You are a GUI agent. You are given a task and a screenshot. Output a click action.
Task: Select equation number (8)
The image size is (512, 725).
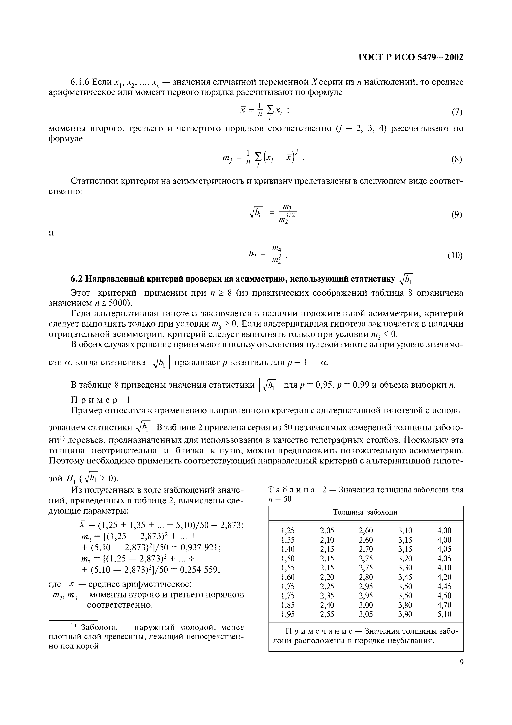[x=456, y=159]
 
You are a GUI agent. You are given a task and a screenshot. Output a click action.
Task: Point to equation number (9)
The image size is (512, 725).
[x=456, y=215]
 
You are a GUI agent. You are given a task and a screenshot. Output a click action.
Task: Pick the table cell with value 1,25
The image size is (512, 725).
[x=288, y=530]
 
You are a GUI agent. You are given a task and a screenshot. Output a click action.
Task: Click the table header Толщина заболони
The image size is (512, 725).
[x=365, y=512]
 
